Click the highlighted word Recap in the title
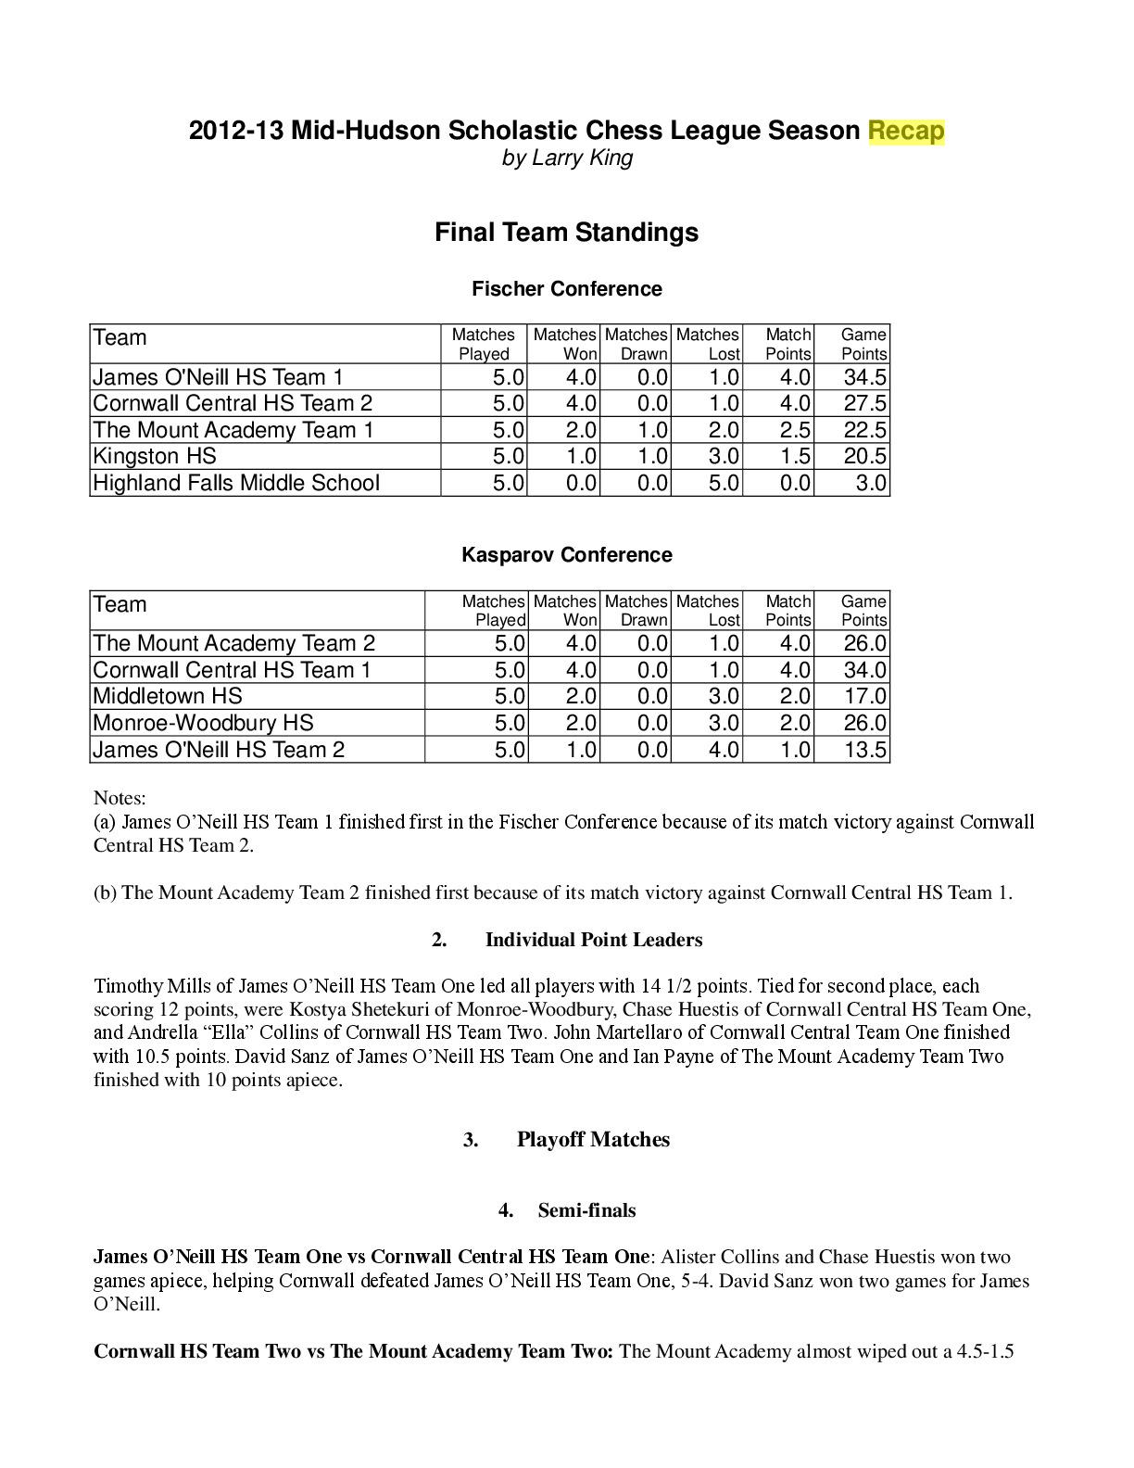[x=905, y=131]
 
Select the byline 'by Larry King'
[x=567, y=158]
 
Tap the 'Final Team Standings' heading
[x=566, y=232]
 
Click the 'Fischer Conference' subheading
[x=566, y=289]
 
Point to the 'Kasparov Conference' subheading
[x=566, y=555]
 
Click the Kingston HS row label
[x=155, y=456]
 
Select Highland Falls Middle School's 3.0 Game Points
[x=871, y=483]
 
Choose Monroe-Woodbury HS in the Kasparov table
[x=203, y=723]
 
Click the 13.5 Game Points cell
[x=864, y=750]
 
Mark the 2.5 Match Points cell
[x=793, y=430]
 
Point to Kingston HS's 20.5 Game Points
[x=864, y=456]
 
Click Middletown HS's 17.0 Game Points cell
[x=864, y=696]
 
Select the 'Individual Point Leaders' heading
[x=593, y=940]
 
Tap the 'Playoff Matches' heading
[x=593, y=1140]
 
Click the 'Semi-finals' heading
[x=586, y=1210]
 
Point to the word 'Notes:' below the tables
[x=120, y=798]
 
